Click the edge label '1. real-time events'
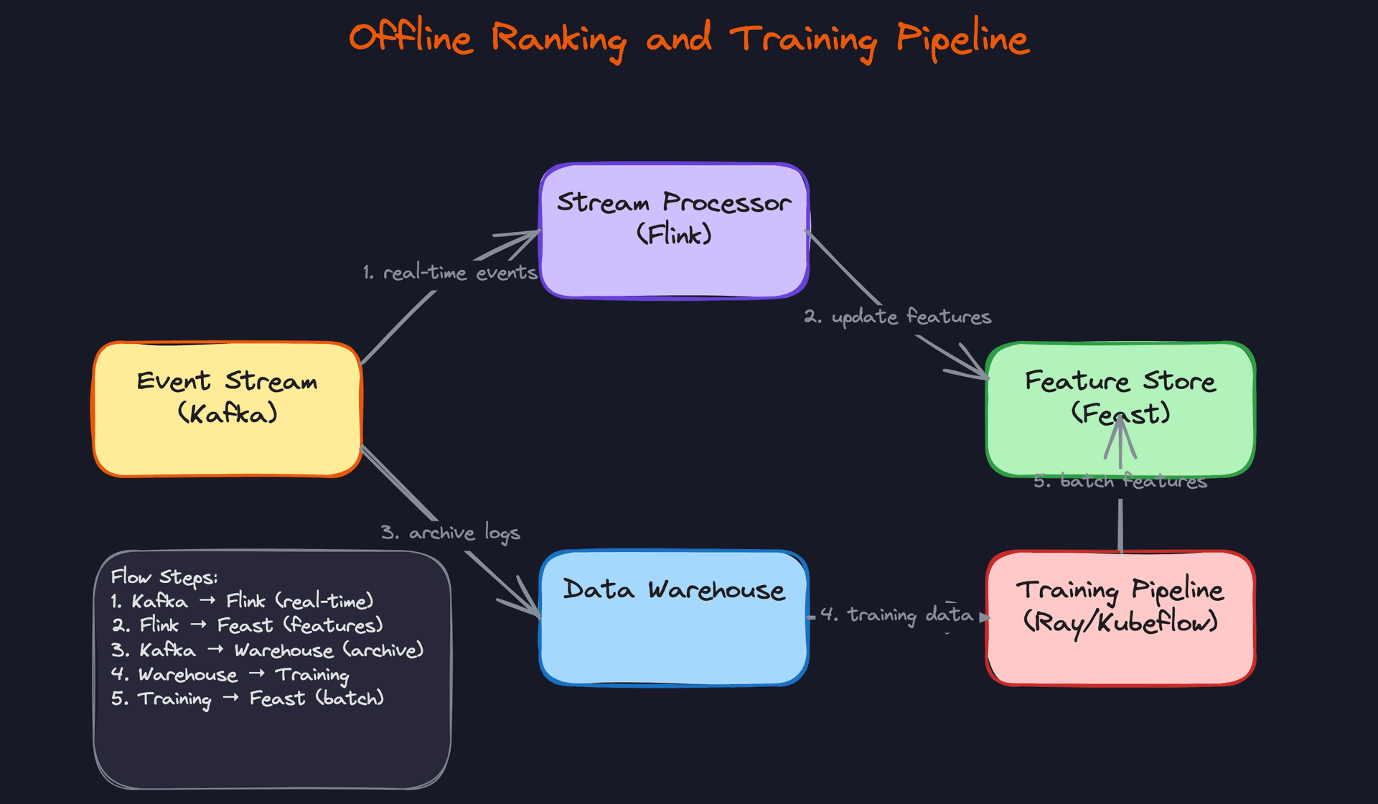(x=450, y=273)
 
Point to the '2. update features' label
(x=897, y=317)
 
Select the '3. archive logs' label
(x=450, y=533)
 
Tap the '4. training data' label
(x=897, y=614)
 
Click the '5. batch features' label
(x=1120, y=481)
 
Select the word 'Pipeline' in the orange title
(x=962, y=39)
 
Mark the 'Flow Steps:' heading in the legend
(x=164, y=577)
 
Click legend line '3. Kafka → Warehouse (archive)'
(x=267, y=650)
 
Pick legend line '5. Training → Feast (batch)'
(x=248, y=698)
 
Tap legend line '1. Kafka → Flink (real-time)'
(x=242, y=602)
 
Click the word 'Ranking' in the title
(x=558, y=39)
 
